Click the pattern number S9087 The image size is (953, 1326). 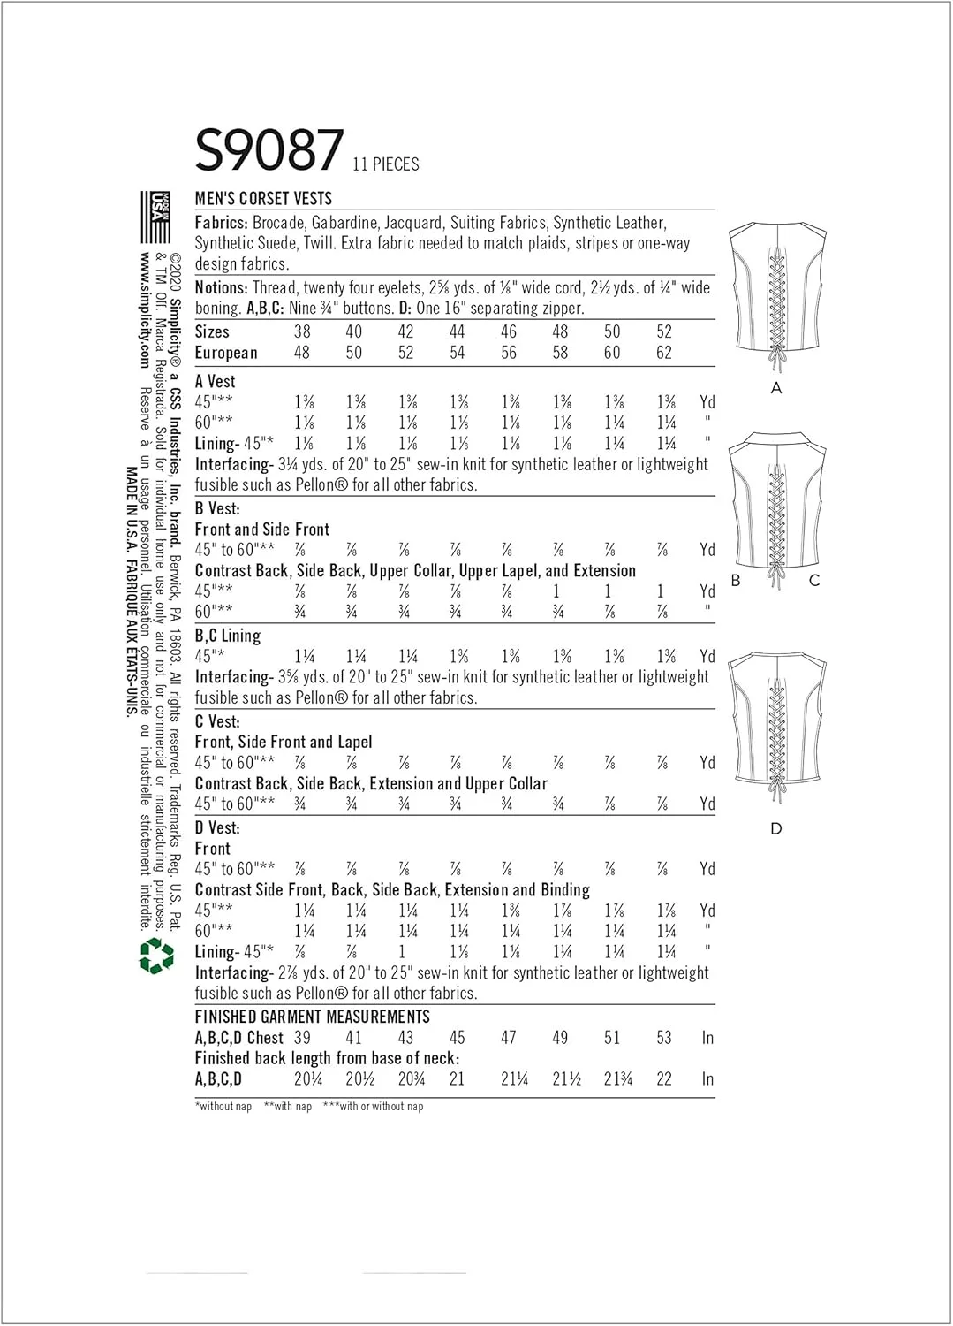pos(269,150)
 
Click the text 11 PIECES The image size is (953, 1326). pos(385,164)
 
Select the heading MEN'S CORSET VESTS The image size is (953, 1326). pos(263,199)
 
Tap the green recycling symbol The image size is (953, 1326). pos(156,956)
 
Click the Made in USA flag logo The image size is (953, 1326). pos(159,217)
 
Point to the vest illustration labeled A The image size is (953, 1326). pos(776,296)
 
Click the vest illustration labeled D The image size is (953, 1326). pos(776,725)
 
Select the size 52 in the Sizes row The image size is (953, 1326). pos(664,331)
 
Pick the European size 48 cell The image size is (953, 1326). pos(302,353)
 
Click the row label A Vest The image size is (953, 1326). pos(215,381)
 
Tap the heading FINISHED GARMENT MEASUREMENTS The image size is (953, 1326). pos(312,1017)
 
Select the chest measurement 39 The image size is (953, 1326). pos(302,1038)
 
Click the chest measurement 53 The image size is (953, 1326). pos(664,1038)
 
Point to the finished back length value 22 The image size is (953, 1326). pos(664,1079)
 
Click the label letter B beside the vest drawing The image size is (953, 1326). pos(735,581)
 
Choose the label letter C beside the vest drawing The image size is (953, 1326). pos(814,581)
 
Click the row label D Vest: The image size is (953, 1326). pos(217,827)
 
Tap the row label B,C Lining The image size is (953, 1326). pos(228,636)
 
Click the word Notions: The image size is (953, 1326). pos(221,287)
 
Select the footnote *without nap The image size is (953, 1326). pos(223,1107)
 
